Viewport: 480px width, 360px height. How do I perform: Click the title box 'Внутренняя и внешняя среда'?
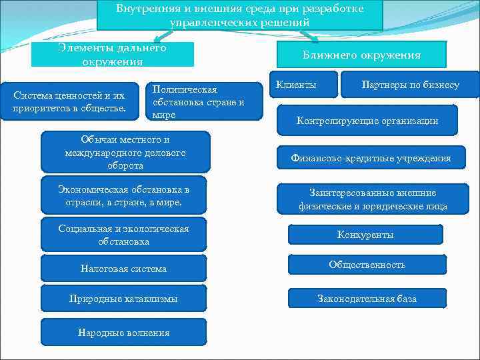point(240,15)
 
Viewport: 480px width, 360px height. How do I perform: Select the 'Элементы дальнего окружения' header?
point(113,55)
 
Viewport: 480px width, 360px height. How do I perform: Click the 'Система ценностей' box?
point(69,101)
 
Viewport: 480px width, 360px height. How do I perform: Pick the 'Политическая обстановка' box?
point(204,101)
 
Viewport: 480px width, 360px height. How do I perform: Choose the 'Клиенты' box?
point(302,85)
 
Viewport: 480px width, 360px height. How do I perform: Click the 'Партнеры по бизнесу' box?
point(410,85)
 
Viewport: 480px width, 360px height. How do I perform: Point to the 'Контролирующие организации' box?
point(367,121)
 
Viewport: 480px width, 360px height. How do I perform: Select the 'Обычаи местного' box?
point(125,152)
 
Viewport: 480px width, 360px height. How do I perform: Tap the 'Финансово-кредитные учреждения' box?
point(371,158)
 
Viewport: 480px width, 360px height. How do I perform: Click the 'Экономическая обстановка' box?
point(124,195)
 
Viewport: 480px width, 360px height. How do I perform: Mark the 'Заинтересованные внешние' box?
point(373,199)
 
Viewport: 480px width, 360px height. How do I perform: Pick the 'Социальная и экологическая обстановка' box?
point(124,235)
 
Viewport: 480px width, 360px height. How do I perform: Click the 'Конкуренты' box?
point(365,235)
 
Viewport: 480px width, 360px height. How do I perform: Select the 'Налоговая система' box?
point(124,269)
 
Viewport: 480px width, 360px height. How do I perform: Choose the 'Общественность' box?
point(367,265)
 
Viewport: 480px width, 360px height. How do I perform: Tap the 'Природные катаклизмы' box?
point(124,299)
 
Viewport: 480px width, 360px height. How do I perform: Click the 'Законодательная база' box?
point(367,299)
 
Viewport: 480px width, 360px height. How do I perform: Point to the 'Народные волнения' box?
point(124,332)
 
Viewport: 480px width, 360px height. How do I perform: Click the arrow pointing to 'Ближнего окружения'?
point(307,36)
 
